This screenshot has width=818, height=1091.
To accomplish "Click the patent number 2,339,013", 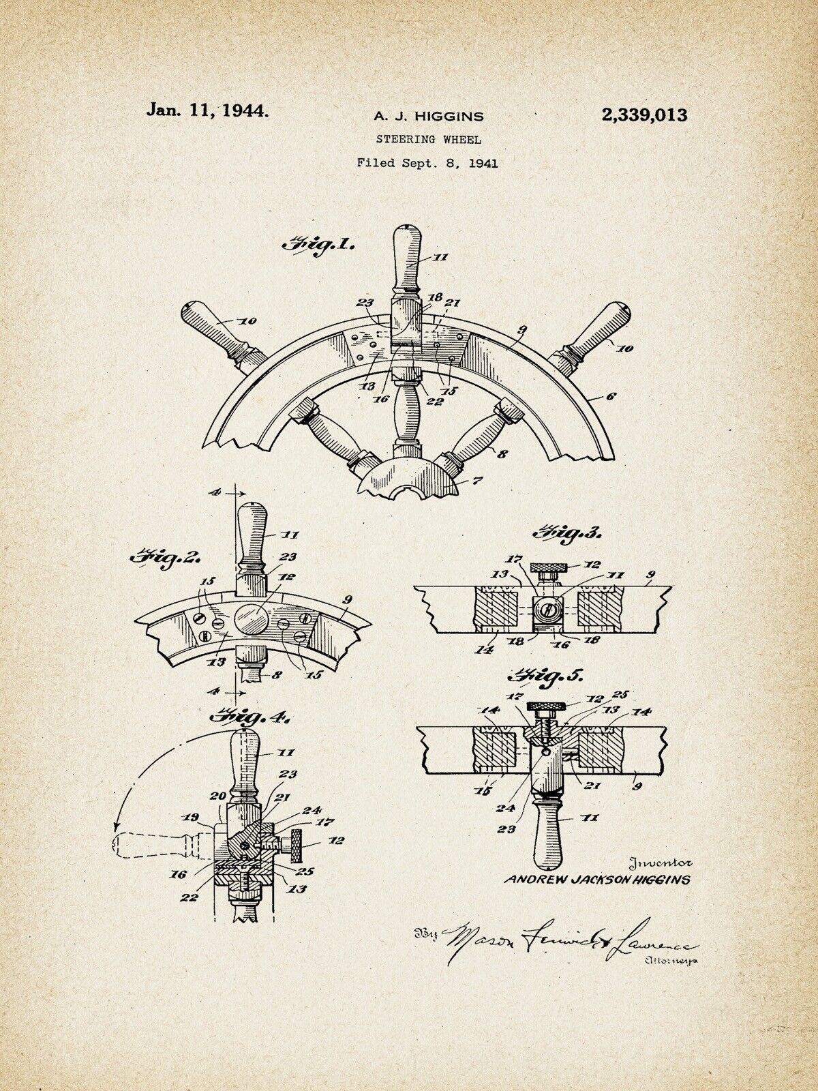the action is click(643, 115).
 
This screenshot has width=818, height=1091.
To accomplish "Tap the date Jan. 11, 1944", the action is click(208, 110).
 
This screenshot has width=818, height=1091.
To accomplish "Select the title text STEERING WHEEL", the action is click(429, 139).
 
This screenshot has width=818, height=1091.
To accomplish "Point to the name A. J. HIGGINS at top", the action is click(428, 117).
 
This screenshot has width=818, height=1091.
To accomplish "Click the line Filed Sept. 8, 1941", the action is click(427, 163).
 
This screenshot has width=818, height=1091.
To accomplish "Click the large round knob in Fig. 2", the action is click(252, 620).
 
